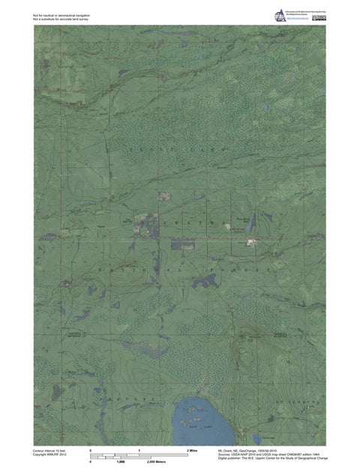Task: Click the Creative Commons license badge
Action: (x=319, y=16)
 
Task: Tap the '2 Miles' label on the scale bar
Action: (x=191, y=448)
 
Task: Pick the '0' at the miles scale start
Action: (x=90, y=448)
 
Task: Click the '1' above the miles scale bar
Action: (x=139, y=448)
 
